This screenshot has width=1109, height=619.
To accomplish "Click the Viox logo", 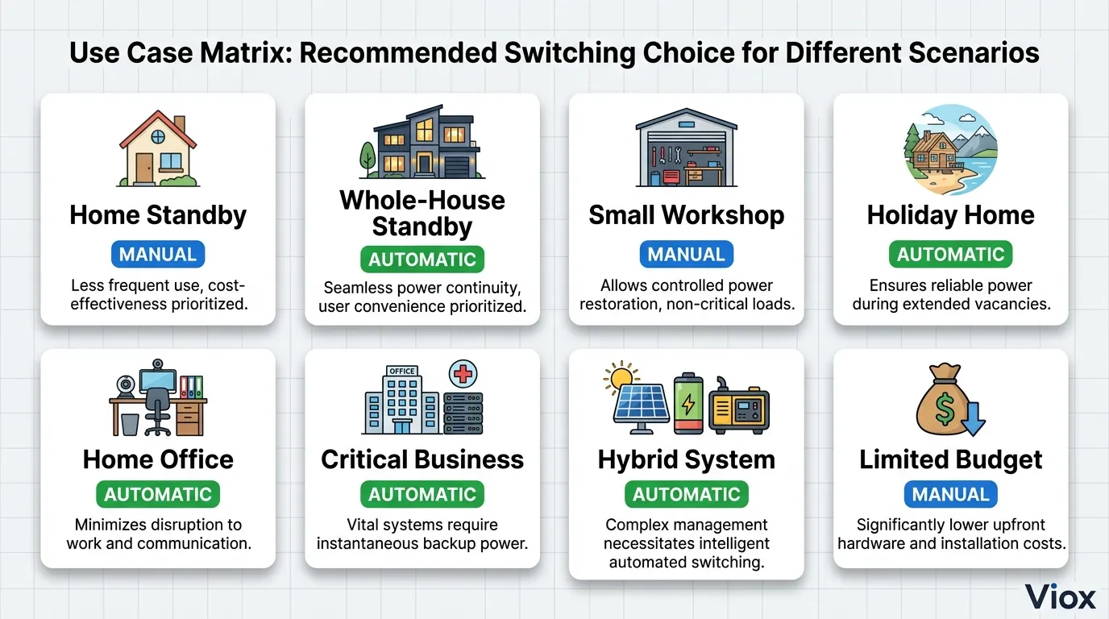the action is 1060,596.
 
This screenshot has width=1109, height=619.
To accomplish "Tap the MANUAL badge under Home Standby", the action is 158,254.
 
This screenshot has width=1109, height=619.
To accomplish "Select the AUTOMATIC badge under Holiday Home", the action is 950,254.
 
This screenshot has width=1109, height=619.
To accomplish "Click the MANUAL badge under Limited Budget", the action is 950,494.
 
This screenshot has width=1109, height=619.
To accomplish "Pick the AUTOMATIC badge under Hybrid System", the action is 686,494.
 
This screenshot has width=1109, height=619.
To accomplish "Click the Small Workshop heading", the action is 686,215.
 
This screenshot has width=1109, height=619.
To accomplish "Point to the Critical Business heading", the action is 422,459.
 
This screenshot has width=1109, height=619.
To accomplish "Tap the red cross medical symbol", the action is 463,374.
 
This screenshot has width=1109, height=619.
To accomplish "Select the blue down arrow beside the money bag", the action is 974,419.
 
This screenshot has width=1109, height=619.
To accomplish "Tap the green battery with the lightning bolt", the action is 688,404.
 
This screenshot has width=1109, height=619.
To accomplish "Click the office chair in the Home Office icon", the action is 157,411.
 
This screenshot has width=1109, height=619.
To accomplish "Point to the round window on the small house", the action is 158,136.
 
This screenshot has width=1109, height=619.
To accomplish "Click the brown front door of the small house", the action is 144,168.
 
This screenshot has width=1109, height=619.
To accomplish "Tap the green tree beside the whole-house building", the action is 368,159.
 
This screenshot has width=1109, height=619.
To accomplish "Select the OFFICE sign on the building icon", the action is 402,371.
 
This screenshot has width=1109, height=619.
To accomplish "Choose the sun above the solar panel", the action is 621,377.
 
